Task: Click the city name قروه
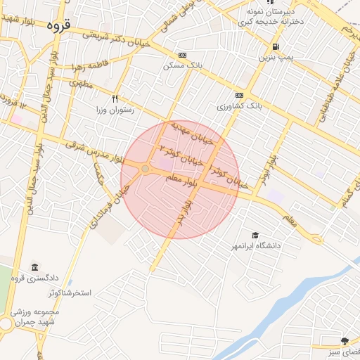[x=58, y=25]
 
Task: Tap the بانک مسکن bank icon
[x=183, y=55]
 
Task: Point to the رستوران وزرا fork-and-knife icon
[x=115, y=99]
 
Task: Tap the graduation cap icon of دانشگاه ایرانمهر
[x=255, y=235]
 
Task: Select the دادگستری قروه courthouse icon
[x=35, y=267]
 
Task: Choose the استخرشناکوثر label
[x=71, y=292]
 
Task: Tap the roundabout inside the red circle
[x=145, y=169]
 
